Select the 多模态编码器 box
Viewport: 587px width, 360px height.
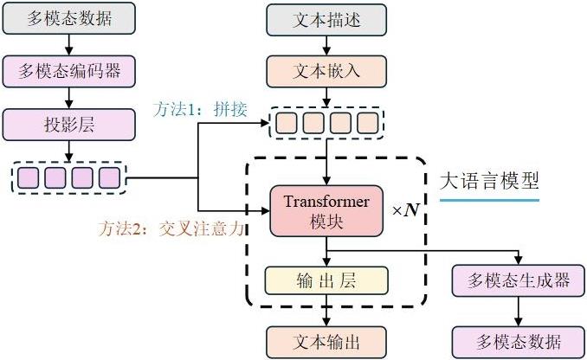tap(70, 68)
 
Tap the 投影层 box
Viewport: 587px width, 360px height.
tap(70, 125)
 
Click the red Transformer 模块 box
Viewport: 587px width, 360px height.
tap(326, 211)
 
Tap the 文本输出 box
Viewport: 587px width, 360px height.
tap(326, 340)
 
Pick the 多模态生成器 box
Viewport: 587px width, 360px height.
tap(519, 281)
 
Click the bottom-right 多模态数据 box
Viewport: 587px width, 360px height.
tap(519, 340)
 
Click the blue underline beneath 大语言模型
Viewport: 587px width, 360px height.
tap(489, 200)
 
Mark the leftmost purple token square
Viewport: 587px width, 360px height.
tap(29, 179)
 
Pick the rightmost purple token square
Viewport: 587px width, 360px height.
tap(108, 179)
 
